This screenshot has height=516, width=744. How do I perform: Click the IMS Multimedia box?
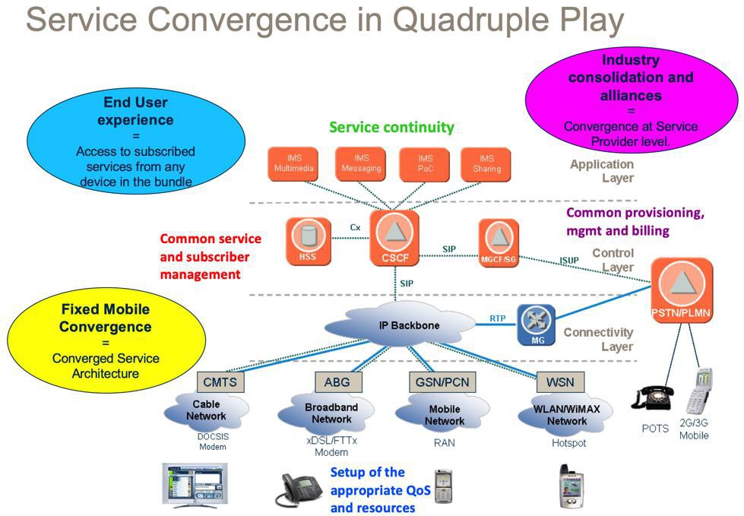[293, 164]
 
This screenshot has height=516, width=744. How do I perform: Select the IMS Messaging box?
[361, 164]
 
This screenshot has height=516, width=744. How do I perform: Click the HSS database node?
[309, 241]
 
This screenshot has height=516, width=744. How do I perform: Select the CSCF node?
[394, 238]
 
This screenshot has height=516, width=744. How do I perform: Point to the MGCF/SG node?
[499, 242]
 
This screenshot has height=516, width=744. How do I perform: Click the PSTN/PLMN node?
[682, 290]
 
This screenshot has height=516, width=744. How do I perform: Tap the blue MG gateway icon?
[537, 324]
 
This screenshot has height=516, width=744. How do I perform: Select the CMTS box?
[220, 381]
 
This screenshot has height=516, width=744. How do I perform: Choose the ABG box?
[338, 381]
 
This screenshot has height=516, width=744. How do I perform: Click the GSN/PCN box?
[442, 381]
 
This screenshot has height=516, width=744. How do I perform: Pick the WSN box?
[560, 381]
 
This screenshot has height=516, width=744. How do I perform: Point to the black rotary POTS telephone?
[652, 397]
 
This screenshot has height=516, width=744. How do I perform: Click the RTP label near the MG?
[498, 318]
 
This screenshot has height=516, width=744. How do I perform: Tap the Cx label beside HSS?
[355, 228]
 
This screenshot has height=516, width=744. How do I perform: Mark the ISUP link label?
[569, 261]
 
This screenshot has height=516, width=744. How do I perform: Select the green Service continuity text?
[391, 127]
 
